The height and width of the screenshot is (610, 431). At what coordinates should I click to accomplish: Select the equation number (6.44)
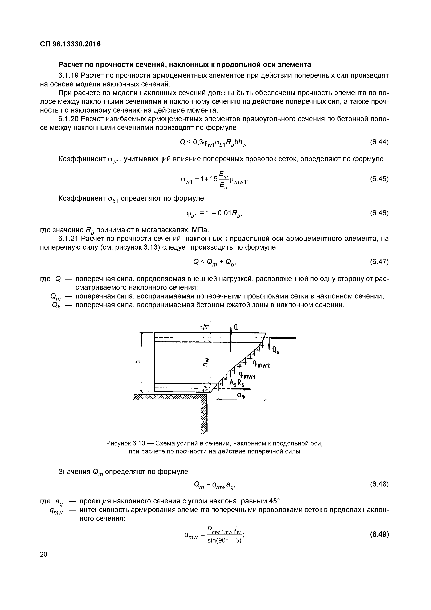coord(379,142)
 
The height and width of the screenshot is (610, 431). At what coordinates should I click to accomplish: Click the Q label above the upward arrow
coord(236,328)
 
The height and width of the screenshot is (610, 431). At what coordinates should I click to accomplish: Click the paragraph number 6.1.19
coord(68,75)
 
